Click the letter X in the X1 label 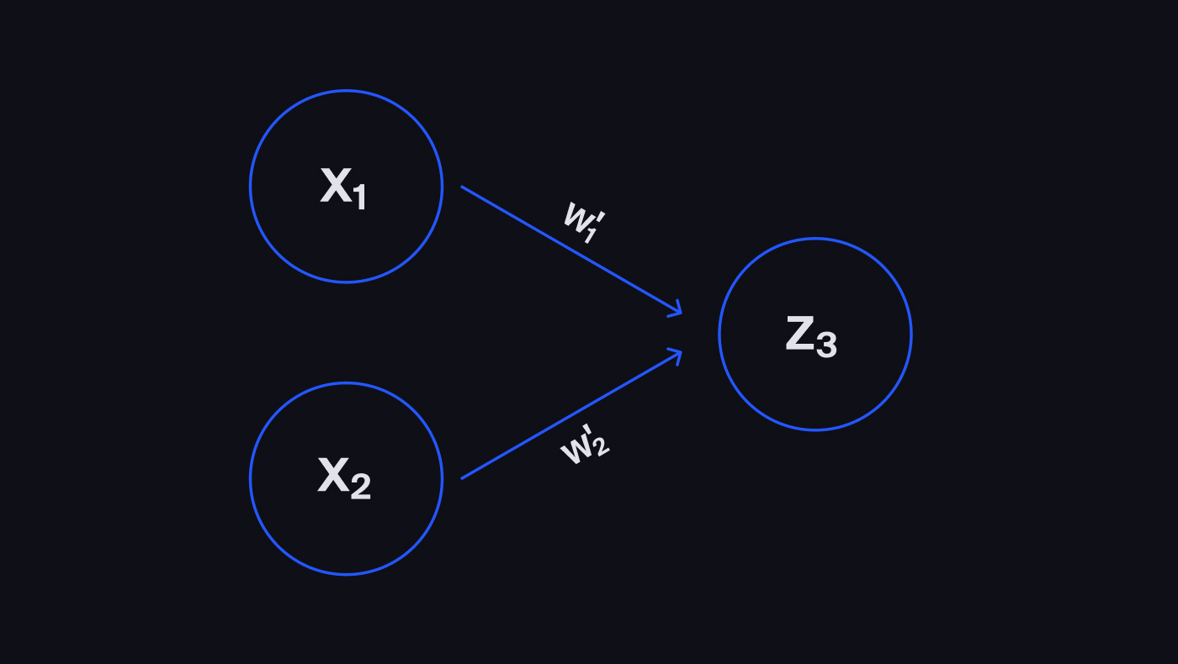tap(335, 185)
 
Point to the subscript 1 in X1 tap(359, 198)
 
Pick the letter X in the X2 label tap(333, 477)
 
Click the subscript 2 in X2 tap(360, 487)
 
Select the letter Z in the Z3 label tap(799, 334)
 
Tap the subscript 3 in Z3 tap(826, 345)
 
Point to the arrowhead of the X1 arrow tap(677, 313)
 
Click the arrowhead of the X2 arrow tap(677, 352)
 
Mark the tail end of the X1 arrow tap(464, 187)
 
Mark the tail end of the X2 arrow tap(464, 477)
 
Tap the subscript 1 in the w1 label tap(590, 235)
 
